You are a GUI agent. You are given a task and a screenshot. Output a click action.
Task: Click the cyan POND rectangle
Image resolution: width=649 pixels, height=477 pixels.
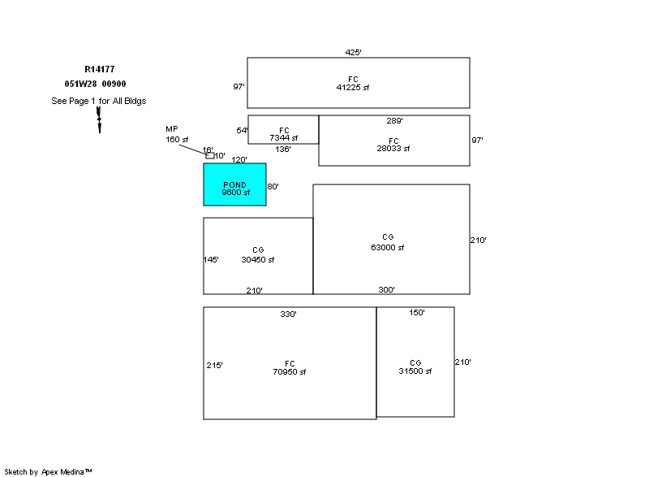click(234, 184)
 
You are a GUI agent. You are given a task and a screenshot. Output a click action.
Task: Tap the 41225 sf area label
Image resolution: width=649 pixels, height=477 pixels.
click(353, 88)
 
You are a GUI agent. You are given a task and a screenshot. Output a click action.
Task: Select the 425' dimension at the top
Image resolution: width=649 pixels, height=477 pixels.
click(353, 52)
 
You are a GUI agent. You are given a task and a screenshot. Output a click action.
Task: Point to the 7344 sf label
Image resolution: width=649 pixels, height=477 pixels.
click(283, 137)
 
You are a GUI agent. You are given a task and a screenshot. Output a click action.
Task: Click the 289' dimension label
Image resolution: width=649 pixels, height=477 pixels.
click(394, 120)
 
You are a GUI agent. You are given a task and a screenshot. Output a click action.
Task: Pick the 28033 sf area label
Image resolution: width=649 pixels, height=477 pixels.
click(393, 149)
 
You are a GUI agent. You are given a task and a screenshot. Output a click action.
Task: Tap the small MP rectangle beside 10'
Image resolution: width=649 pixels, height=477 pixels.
click(210, 156)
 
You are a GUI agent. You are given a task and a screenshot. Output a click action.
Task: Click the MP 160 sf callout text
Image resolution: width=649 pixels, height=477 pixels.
click(177, 134)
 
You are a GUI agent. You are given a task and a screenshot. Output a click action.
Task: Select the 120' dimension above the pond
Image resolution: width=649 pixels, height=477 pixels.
click(239, 159)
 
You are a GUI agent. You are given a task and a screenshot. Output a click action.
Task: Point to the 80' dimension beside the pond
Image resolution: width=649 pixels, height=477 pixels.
click(273, 186)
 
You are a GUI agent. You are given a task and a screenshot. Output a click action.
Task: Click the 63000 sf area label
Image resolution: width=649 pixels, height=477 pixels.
click(388, 247)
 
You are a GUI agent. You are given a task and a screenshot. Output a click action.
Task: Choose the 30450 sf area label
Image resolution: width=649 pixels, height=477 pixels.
click(257, 260)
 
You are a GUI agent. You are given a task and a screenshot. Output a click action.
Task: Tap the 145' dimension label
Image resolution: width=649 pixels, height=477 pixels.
click(211, 260)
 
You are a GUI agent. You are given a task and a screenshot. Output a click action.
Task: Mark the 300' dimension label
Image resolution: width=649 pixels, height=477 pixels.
click(386, 289)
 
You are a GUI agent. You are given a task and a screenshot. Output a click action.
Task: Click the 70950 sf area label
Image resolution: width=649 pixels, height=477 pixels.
click(290, 371)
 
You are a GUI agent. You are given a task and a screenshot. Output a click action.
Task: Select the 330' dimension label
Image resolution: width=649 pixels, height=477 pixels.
click(288, 314)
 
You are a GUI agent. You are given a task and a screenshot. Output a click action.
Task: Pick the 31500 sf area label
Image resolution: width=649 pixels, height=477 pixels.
click(415, 371)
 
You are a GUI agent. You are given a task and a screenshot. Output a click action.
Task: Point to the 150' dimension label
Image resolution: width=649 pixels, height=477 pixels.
click(417, 313)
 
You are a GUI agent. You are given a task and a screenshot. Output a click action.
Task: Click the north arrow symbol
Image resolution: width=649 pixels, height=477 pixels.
click(99, 119)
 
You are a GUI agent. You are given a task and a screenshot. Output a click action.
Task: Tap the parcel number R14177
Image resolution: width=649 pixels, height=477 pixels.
click(100, 69)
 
